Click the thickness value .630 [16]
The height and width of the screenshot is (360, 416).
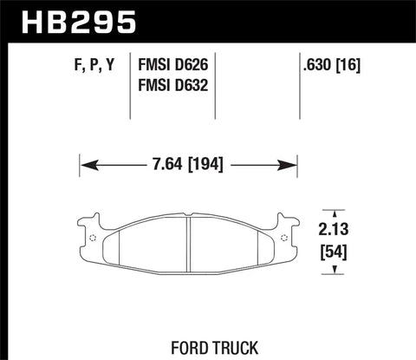click(332, 63)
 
